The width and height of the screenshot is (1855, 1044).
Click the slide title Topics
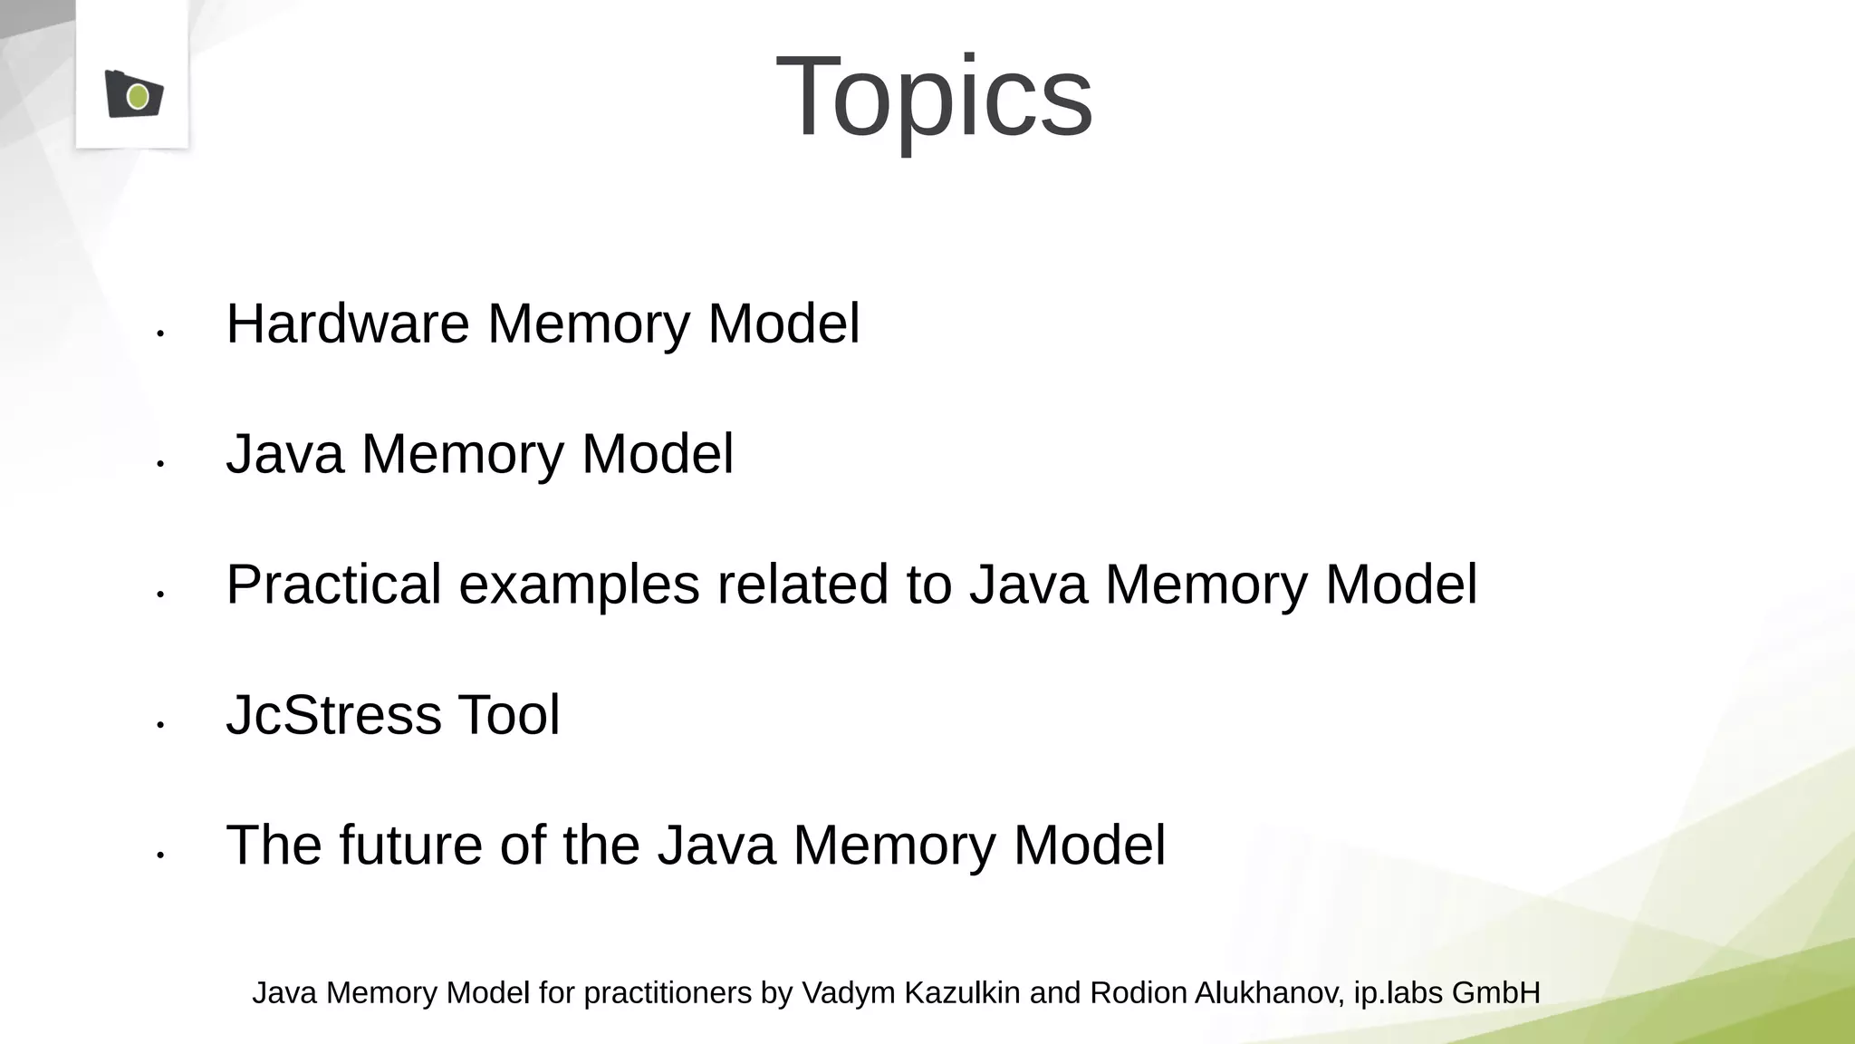[x=934, y=97]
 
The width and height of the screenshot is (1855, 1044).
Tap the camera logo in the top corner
[x=133, y=93]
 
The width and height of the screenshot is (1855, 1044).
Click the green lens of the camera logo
[x=138, y=96]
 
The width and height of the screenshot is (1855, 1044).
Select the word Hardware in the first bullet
[x=348, y=324]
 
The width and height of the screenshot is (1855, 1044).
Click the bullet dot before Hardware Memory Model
[x=160, y=334]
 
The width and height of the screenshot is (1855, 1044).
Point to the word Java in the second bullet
[x=284, y=454]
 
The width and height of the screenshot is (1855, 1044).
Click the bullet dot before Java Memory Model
[x=160, y=465]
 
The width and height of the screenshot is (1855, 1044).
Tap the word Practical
[x=333, y=585]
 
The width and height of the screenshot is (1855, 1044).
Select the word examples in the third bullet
[x=579, y=585]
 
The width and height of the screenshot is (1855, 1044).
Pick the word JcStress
[x=332, y=715]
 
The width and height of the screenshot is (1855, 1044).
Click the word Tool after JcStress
[x=509, y=715]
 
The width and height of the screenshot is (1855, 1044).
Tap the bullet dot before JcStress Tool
[x=160, y=725]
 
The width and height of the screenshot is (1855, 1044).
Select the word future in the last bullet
[x=410, y=846]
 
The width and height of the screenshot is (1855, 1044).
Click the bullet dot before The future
[x=160, y=855]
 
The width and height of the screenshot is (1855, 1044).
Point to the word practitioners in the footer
[x=668, y=993]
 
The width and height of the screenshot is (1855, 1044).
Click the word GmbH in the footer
[x=1495, y=993]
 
